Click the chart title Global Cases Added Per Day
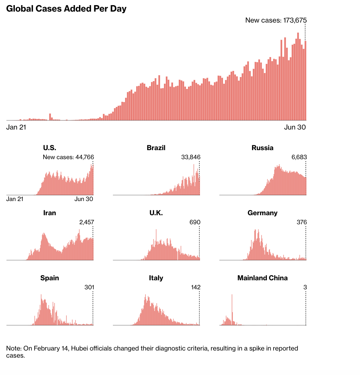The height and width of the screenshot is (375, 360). tap(66, 9)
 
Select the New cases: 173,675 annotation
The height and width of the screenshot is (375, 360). tap(276, 20)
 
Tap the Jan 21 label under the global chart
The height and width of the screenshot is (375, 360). tap(16, 127)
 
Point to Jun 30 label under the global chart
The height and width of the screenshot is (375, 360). tap(295, 127)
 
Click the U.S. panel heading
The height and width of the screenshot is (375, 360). tap(50, 148)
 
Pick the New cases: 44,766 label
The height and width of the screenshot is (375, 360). tap(68, 157)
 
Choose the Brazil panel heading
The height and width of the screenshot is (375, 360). tap(156, 148)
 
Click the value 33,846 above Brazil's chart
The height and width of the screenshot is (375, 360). tap(191, 157)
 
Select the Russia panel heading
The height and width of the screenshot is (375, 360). tap(263, 148)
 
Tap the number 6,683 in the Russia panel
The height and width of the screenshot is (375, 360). tap(299, 157)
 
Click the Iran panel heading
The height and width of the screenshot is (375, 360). tap(50, 213)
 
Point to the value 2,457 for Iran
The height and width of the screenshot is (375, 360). tap(86, 222)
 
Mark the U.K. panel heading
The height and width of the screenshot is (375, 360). tap(156, 213)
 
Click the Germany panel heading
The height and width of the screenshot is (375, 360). tap(263, 213)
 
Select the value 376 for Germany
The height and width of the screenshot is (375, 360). tap(302, 222)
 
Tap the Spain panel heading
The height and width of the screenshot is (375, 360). tap(50, 278)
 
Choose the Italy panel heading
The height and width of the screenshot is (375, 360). tap(156, 278)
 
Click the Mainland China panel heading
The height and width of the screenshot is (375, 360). tap(263, 278)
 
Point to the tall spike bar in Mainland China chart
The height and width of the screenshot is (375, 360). tap(232, 309)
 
